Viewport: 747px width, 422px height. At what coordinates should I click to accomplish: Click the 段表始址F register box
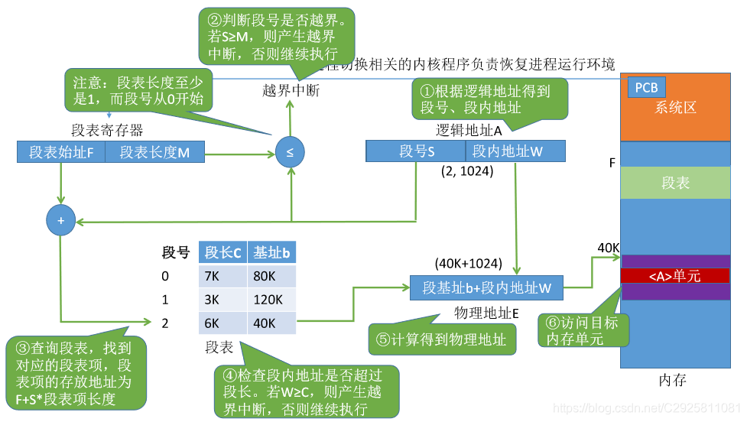pyautogui.click(x=61, y=152)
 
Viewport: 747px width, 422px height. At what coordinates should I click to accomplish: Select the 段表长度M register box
pyautogui.click(x=155, y=152)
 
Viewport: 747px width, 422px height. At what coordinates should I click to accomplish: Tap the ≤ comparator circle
pyautogui.click(x=290, y=152)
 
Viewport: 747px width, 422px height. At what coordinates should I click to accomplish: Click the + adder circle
pyautogui.click(x=60, y=220)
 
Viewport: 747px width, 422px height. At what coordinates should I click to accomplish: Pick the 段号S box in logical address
pyautogui.click(x=415, y=151)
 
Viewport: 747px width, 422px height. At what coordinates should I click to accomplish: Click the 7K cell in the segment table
pyautogui.click(x=222, y=276)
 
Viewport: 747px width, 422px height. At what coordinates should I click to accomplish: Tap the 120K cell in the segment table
pyautogui.click(x=271, y=300)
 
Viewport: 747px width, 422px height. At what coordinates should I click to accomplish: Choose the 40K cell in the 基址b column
pyautogui.click(x=271, y=323)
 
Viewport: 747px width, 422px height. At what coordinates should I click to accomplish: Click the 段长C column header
pyautogui.click(x=222, y=253)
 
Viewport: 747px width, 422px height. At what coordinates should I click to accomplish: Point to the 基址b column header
pyautogui.click(x=271, y=253)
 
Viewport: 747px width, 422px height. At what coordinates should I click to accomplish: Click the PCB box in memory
pyautogui.click(x=647, y=87)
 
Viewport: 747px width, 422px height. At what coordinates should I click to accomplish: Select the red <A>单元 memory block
pyautogui.click(x=674, y=276)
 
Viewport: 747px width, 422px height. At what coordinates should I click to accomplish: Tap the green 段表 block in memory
pyautogui.click(x=674, y=183)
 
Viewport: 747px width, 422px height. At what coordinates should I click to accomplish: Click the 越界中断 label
pyautogui.click(x=291, y=91)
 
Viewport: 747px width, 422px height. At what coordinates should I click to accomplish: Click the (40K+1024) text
pyautogui.click(x=468, y=264)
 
